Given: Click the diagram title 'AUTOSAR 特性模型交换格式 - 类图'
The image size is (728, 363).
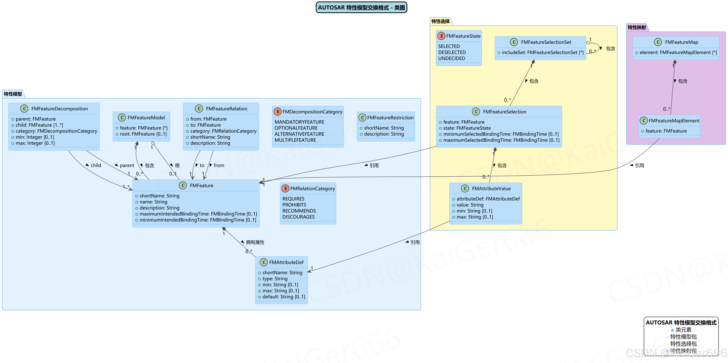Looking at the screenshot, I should pyautogui.click(x=361, y=8).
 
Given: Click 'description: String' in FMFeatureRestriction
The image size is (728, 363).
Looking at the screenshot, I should pyautogui.click(x=383, y=134).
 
